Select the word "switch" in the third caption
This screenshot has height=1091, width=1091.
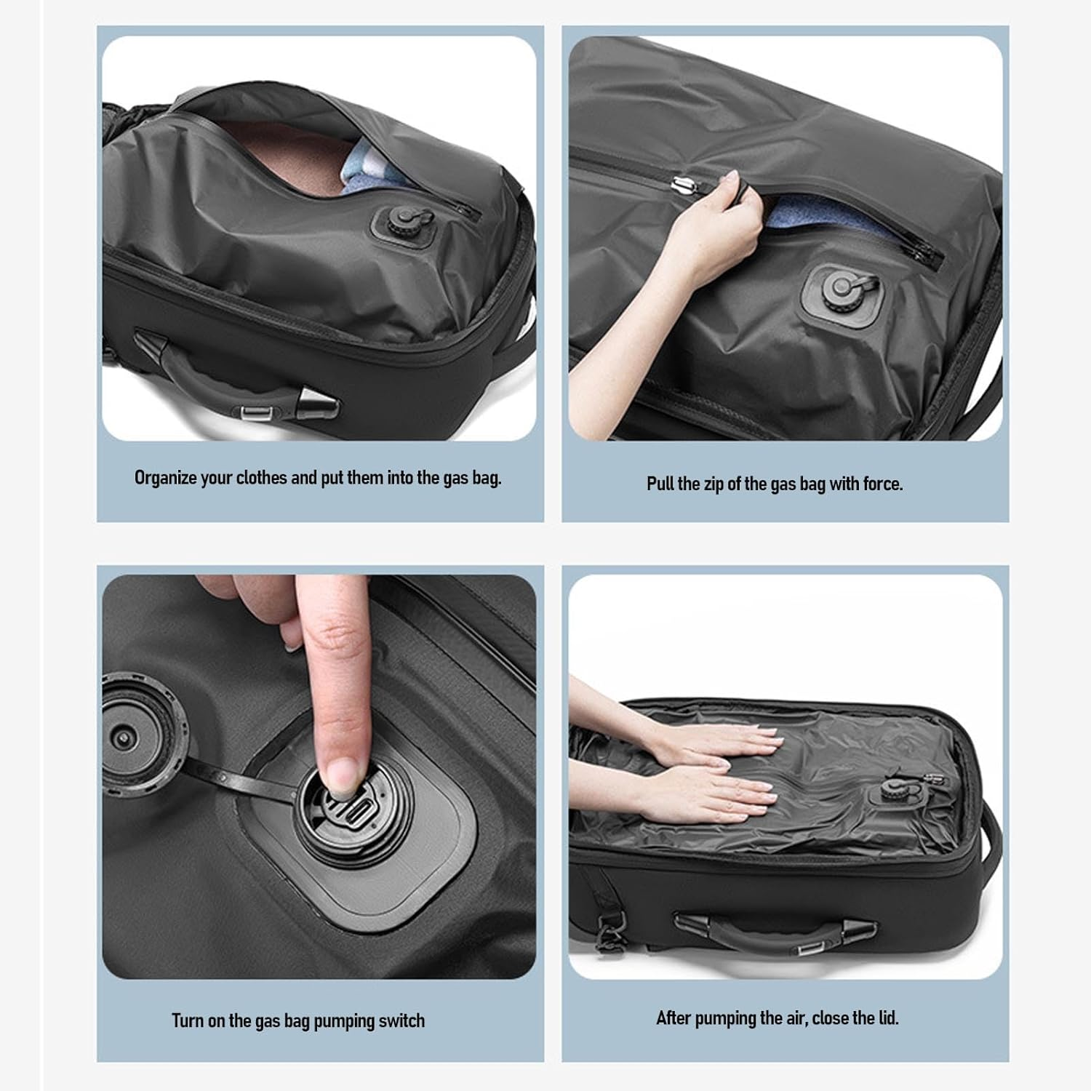[x=401, y=1021]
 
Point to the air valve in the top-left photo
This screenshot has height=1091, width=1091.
[x=399, y=220]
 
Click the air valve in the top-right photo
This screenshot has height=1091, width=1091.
[x=844, y=290]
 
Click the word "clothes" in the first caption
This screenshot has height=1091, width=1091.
[x=261, y=479]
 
